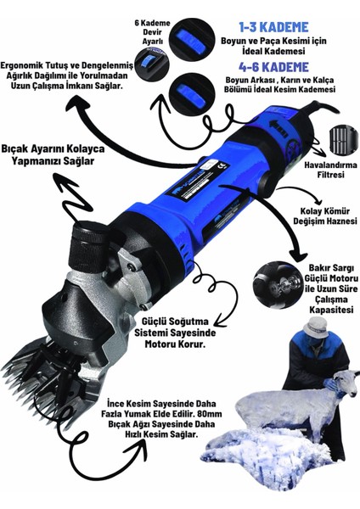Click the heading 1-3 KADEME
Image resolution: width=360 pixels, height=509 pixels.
pyautogui.click(x=273, y=27)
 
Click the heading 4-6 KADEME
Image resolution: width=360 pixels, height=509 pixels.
pyautogui.click(x=273, y=67)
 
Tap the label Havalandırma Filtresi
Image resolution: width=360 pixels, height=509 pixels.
pyautogui.click(x=330, y=170)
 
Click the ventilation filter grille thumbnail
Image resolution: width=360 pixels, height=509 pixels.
pyautogui.click(x=342, y=141)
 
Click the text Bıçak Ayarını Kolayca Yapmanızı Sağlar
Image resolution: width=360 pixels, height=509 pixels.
pyautogui.click(x=53, y=155)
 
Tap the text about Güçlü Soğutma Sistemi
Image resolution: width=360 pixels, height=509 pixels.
pyautogui.click(x=176, y=333)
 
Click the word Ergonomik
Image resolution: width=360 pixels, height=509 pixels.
pyautogui.click(x=23, y=66)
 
